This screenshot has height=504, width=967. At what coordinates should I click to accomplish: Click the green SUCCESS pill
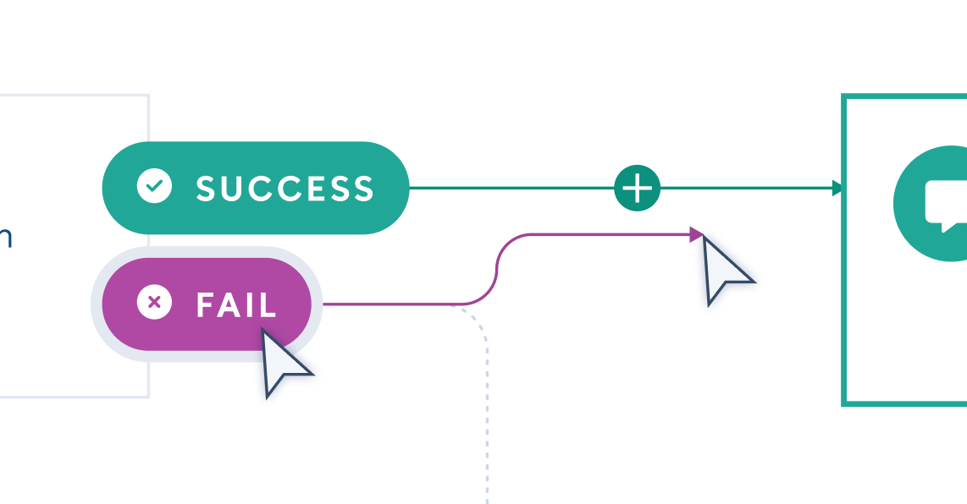click(254, 188)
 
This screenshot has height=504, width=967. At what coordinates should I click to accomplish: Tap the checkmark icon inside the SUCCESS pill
click(154, 187)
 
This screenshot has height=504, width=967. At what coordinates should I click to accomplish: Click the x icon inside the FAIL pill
click(154, 303)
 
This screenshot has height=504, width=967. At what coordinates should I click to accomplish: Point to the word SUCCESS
click(285, 189)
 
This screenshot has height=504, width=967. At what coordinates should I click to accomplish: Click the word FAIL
click(236, 304)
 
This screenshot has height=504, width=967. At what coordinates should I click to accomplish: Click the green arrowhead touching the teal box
click(838, 188)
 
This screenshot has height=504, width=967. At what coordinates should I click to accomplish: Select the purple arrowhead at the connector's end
click(697, 234)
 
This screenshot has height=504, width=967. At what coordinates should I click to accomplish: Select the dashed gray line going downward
click(486, 406)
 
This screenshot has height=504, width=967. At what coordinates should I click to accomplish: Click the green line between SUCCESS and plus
click(508, 188)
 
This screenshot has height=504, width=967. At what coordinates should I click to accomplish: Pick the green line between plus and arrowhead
click(745, 188)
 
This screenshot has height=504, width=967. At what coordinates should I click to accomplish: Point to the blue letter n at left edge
click(5, 238)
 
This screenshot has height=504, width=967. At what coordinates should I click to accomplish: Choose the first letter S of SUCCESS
click(206, 189)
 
